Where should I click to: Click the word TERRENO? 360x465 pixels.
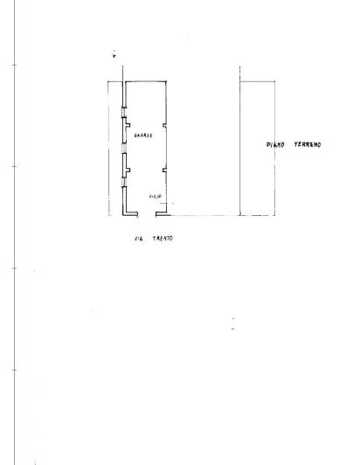[x=307, y=145]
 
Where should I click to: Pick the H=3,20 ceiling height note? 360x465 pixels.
[x=155, y=196]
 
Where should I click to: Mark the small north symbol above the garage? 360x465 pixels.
[x=114, y=57]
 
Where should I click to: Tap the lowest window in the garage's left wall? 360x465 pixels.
[x=123, y=178]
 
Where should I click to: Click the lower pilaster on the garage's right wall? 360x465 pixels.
[x=162, y=163]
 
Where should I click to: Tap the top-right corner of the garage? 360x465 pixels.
[x=165, y=82]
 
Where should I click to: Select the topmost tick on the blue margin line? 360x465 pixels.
[x=16, y=65]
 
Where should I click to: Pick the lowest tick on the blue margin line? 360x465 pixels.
[x=16, y=371]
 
